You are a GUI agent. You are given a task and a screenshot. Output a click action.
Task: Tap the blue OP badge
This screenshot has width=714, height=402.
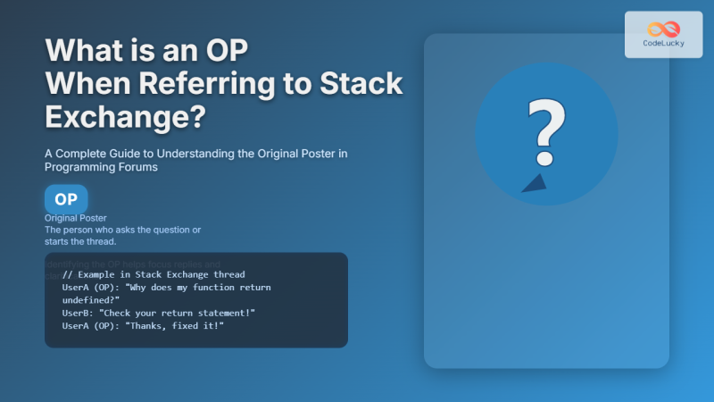click(x=66, y=199)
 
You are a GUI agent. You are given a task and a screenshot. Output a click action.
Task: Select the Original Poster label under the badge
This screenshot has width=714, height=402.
click(x=76, y=218)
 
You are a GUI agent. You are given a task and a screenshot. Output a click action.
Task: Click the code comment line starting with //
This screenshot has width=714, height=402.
click(x=154, y=274)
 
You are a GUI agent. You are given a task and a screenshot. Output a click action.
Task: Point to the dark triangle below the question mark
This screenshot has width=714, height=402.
click(x=535, y=183)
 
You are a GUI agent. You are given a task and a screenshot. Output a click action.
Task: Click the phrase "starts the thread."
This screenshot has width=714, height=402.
click(x=87, y=241)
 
